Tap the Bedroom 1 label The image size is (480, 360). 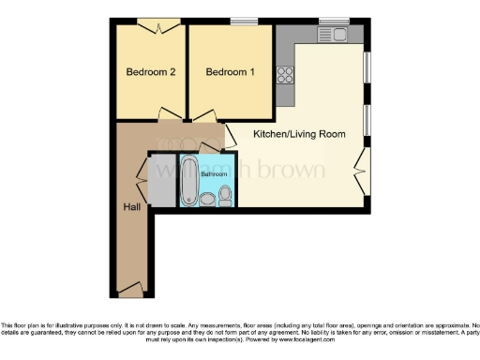pyautogui.click(x=230, y=72)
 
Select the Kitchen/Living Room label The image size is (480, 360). pyautogui.click(x=299, y=134)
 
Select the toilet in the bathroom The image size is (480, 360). pyautogui.click(x=225, y=195)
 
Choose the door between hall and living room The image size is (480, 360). pyautogui.click(x=230, y=136)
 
